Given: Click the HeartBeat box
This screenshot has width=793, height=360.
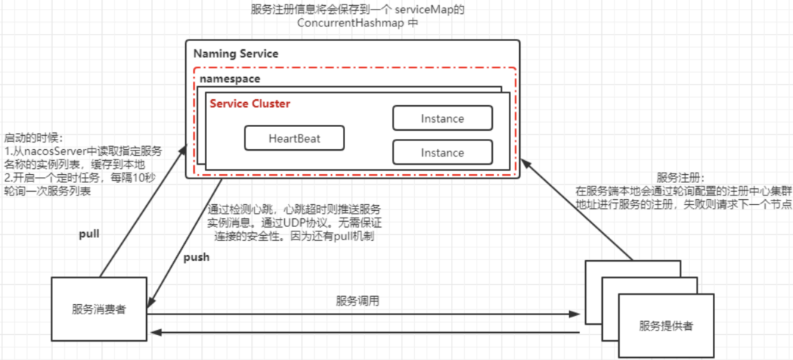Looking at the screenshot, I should pyautogui.click(x=294, y=138).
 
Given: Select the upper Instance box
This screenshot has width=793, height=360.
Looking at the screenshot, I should pyautogui.click(x=442, y=118).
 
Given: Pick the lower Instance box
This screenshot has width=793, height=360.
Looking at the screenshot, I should pyautogui.click(x=442, y=152).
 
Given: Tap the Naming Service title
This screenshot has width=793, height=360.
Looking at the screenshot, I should pyautogui.click(x=236, y=54).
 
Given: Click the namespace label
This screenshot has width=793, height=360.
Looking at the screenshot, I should pyautogui.click(x=228, y=78).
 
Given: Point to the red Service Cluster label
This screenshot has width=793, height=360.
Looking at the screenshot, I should pyautogui.click(x=250, y=104).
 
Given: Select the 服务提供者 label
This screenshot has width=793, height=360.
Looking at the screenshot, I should pyautogui.click(x=666, y=325).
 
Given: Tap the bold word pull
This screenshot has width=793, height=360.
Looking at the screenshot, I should pyautogui.click(x=89, y=234).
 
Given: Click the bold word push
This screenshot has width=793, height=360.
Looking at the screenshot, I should pyautogui.click(x=196, y=257).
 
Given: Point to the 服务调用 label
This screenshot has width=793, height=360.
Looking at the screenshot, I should pyautogui.click(x=358, y=300).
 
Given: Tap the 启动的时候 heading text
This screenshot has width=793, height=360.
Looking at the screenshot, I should pyautogui.click(x=34, y=137).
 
